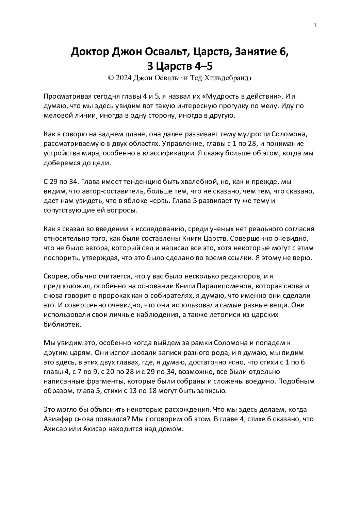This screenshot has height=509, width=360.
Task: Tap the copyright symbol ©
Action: click(x=110, y=78)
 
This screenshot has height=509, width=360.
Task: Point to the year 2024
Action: click(x=122, y=78)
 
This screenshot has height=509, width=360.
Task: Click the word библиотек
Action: click(x=62, y=324)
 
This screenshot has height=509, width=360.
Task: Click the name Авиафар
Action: click(x=58, y=419)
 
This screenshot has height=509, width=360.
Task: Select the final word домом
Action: click(x=172, y=428)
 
